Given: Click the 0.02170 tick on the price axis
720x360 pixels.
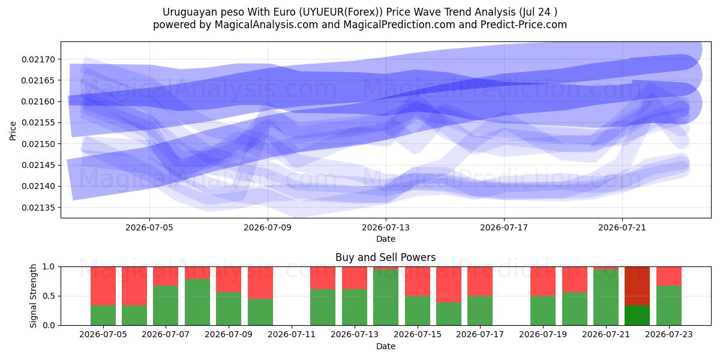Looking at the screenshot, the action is point(38,59).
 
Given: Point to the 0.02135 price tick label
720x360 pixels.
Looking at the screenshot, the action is point(38,208).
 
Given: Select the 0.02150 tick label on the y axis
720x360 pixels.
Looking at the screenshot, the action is point(38,144).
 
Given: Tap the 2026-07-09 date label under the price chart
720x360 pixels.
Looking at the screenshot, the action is point(268,227).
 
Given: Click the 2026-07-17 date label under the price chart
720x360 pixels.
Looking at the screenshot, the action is point(504,227).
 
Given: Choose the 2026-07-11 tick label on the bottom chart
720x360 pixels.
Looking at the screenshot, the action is point(292,334).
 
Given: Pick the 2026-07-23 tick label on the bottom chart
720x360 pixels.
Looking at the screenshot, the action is point(669,334).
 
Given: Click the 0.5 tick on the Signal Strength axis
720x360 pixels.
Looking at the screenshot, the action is point(49,296).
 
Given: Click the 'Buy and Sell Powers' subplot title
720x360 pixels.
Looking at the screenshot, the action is point(386,257).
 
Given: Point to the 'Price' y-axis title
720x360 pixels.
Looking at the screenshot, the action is point(13,131).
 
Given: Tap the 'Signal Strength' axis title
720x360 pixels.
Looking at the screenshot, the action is point(33,296).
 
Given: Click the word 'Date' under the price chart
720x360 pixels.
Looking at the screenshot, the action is point(386,239).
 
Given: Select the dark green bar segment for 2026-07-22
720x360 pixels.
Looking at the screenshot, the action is point(637,316).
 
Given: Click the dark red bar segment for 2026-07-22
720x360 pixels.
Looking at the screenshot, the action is point(637,286).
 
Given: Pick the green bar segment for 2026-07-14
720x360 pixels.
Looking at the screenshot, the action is point(386,298).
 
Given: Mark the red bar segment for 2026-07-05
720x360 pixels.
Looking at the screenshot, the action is point(103,286).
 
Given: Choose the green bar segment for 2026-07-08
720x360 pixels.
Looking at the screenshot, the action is point(197,302).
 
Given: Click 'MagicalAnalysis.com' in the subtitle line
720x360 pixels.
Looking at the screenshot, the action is point(266,25).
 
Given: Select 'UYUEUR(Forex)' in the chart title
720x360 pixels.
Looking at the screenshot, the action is point(341,12).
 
